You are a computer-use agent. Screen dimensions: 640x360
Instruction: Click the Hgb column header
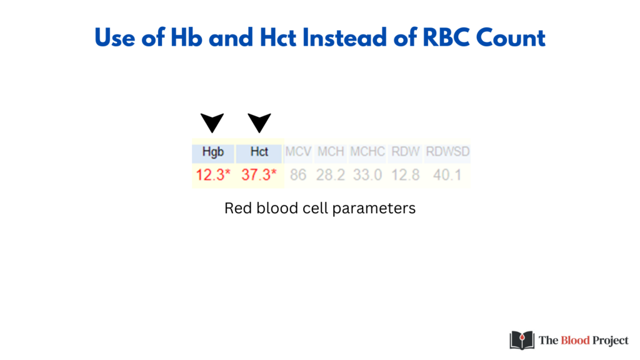pyautogui.click(x=213, y=152)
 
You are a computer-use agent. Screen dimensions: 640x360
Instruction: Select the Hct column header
pyautogui.click(x=259, y=152)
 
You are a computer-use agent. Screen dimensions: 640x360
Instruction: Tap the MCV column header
pyautogui.click(x=298, y=152)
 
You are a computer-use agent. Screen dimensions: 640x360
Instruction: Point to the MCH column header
pyautogui.click(x=331, y=152)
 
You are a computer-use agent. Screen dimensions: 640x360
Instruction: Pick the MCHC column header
pyautogui.click(x=367, y=152)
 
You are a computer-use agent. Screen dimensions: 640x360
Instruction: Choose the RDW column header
pyautogui.click(x=405, y=152)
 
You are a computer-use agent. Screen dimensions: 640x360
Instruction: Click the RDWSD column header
pyautogui.click(x=447, y=152)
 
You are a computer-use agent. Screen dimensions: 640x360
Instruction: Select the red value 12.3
pyautogui.click(x=213, y=175)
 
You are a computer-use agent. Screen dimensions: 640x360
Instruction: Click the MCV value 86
pyautogui.click(x=298, y=175)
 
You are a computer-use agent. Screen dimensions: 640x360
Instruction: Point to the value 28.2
pyautogui.click(x=331, y=175)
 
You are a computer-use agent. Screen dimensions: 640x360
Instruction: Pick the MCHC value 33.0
pyautogui.click(x=367, y=175)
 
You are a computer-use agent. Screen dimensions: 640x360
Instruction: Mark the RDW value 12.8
pyautogui.click(x=405, y=175)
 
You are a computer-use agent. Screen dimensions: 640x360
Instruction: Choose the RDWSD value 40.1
pyautogui.click(x=447, y=175)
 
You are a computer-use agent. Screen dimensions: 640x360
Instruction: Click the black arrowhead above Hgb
pyautogui.click(x=212, y=122)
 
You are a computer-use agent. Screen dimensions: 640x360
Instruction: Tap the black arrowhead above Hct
pyautogui.click(x=259, y=122)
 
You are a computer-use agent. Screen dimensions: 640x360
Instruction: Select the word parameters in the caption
pyautogui.click(x=374, y=209)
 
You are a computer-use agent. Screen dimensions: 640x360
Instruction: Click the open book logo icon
pyautogui.click(x=522, y=341)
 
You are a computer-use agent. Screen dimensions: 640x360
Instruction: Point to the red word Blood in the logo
pyautogui.click(x=576, y=341)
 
